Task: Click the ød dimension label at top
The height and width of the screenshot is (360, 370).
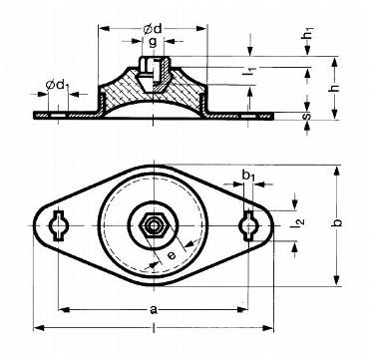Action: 153,29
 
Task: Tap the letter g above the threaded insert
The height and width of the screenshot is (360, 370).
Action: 153,43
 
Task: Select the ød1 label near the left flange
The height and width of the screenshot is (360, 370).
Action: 57,85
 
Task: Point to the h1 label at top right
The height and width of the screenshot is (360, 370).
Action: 309,33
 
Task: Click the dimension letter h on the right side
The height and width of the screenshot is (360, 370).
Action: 335,88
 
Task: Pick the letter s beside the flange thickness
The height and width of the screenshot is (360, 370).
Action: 307,116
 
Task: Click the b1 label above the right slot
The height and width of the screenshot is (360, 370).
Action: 248,175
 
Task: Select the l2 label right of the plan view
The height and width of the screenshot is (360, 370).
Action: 297,223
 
